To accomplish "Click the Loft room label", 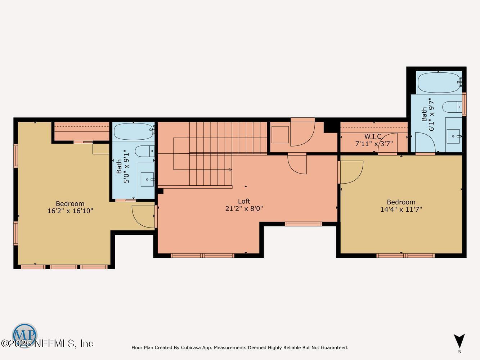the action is click(x=244, y=201).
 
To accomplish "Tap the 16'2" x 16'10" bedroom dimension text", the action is click(x=70, y=211).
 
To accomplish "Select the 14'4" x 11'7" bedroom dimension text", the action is click(x=401, y=210).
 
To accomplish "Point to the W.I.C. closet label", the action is click(x=373, y=136).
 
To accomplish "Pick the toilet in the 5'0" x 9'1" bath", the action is click(x=144, y=151).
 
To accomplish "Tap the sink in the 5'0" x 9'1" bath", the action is click(x=147, y=179).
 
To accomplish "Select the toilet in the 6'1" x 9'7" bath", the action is click(x=452, y=107).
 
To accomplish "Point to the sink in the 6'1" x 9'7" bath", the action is click(x=453, y=136).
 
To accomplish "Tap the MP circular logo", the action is click(x=24, y=335).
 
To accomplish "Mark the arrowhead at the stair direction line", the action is click(x=230, y=170).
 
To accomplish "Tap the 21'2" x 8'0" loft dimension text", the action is click(x=244, y=209).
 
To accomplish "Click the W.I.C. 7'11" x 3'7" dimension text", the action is click(x=374, y=144).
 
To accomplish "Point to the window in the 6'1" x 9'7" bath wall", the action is click(x=464, y=104).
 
